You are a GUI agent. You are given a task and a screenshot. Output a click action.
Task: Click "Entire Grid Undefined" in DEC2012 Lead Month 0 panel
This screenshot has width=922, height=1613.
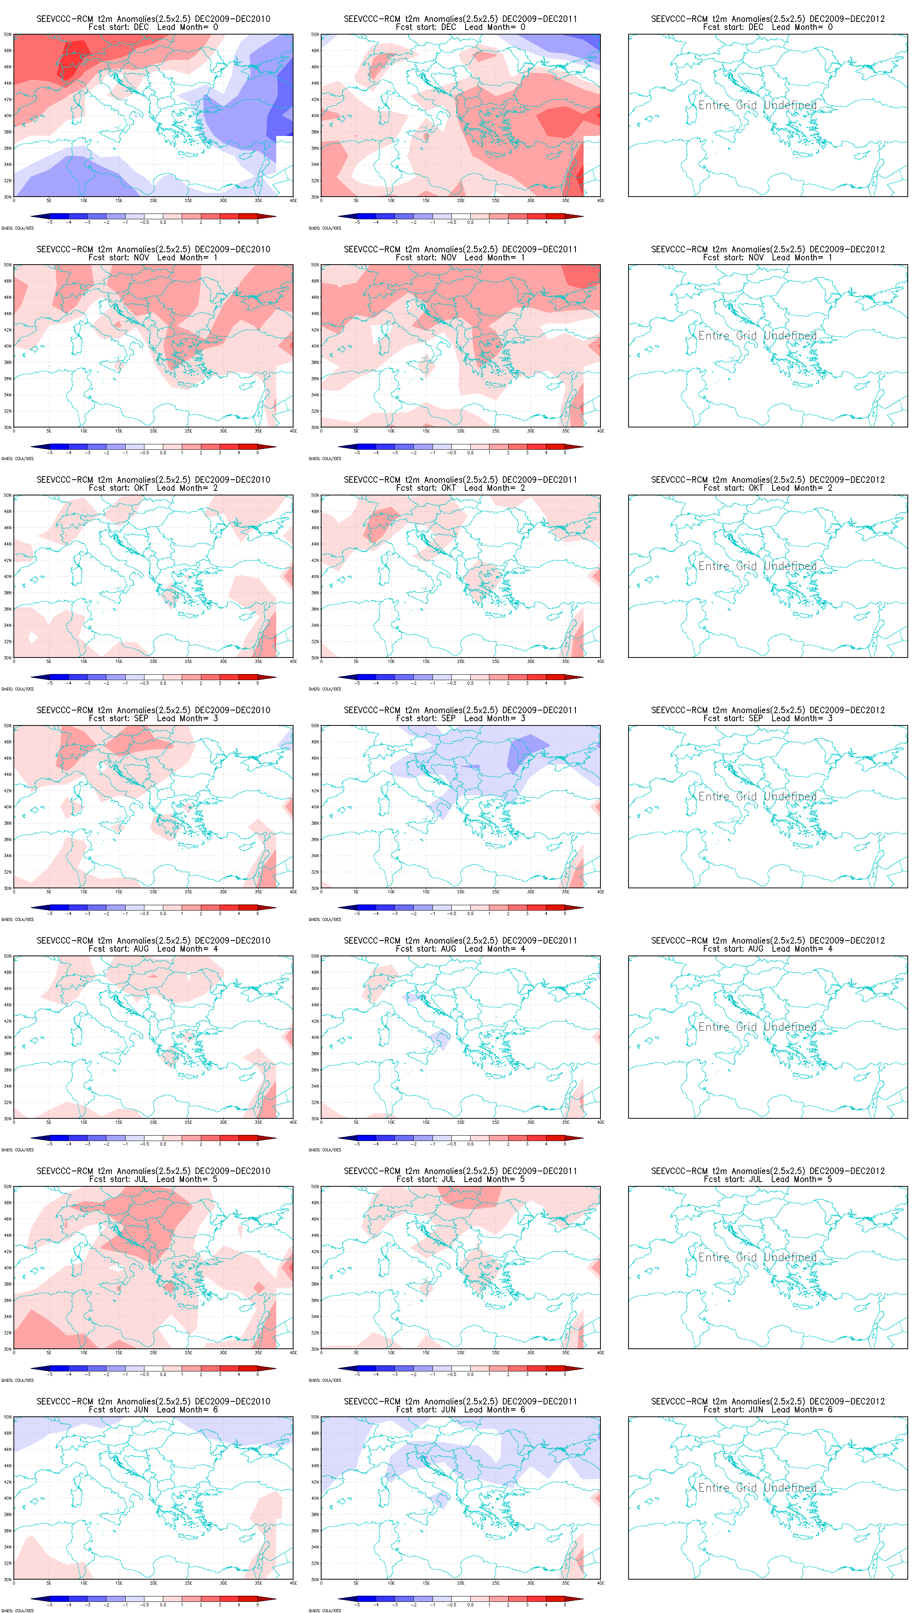click(x=757, y=105)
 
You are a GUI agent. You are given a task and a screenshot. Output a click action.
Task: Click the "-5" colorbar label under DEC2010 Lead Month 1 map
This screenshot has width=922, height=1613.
click(x=50, y=453)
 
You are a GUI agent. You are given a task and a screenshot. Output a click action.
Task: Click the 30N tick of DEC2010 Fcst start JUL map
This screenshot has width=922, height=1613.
click(x=8, y=1349)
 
